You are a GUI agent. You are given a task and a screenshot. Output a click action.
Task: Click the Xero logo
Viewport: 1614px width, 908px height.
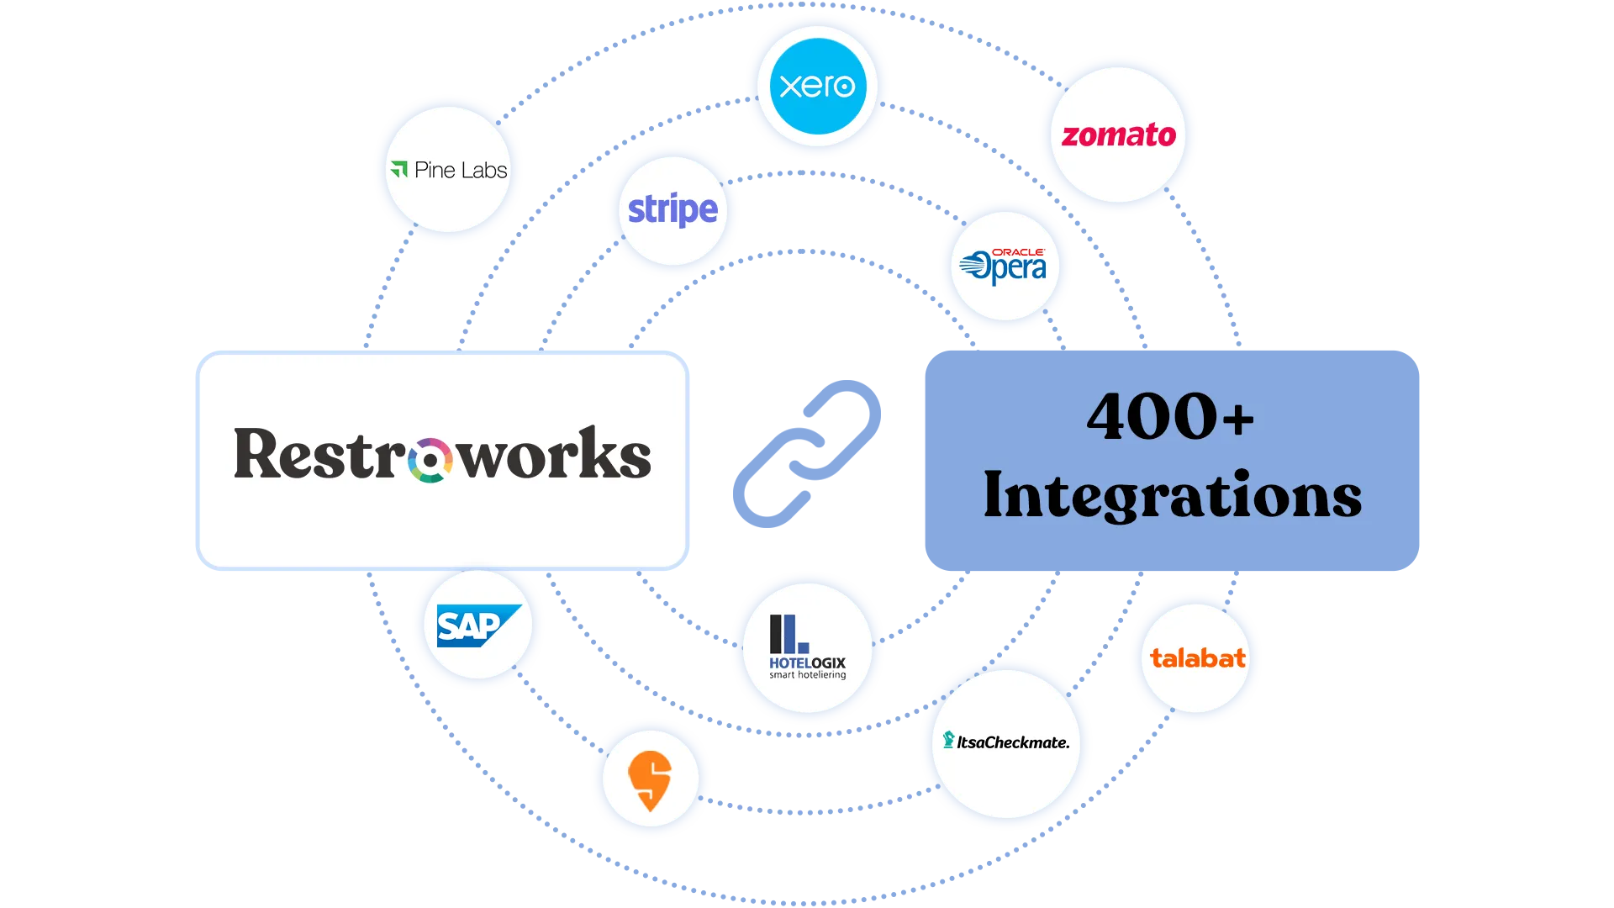click(x=816, y=86)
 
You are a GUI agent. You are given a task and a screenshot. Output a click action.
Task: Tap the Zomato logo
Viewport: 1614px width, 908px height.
click(x=1118, y=135)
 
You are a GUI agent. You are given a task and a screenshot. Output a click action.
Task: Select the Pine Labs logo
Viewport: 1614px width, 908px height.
click(x=449, y=170)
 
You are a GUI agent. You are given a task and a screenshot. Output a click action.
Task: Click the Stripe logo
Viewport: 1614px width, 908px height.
click(x=672, y=209)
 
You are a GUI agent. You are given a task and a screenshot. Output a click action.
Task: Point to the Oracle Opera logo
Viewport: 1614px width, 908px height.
click(x=1004, y=267)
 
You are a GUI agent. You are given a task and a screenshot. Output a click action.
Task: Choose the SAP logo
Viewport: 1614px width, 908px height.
click(x=477, y=626)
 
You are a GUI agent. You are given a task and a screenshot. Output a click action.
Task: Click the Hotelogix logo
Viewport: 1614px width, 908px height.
click(x=807, y=647)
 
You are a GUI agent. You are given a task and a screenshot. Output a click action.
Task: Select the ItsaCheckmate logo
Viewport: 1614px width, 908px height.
click(x=1006, y=742)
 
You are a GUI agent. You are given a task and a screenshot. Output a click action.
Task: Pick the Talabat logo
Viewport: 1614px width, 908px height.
click(x=1197, y=658)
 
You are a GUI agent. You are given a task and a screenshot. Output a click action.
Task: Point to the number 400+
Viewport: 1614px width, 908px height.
click(x=1170, y=417)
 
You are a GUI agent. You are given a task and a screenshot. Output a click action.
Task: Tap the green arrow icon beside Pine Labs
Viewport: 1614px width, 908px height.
click(x=399, y=169)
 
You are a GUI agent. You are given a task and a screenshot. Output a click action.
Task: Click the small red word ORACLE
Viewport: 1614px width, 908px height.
click(x=1018, y=252)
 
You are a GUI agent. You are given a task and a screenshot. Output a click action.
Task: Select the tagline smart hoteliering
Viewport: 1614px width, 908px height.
click(x=807, y=675)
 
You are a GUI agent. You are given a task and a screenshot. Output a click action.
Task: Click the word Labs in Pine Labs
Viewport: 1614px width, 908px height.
click(x=484, y=171)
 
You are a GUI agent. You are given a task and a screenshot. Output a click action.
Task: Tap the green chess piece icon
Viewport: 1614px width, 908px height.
click(x=948, y=740)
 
